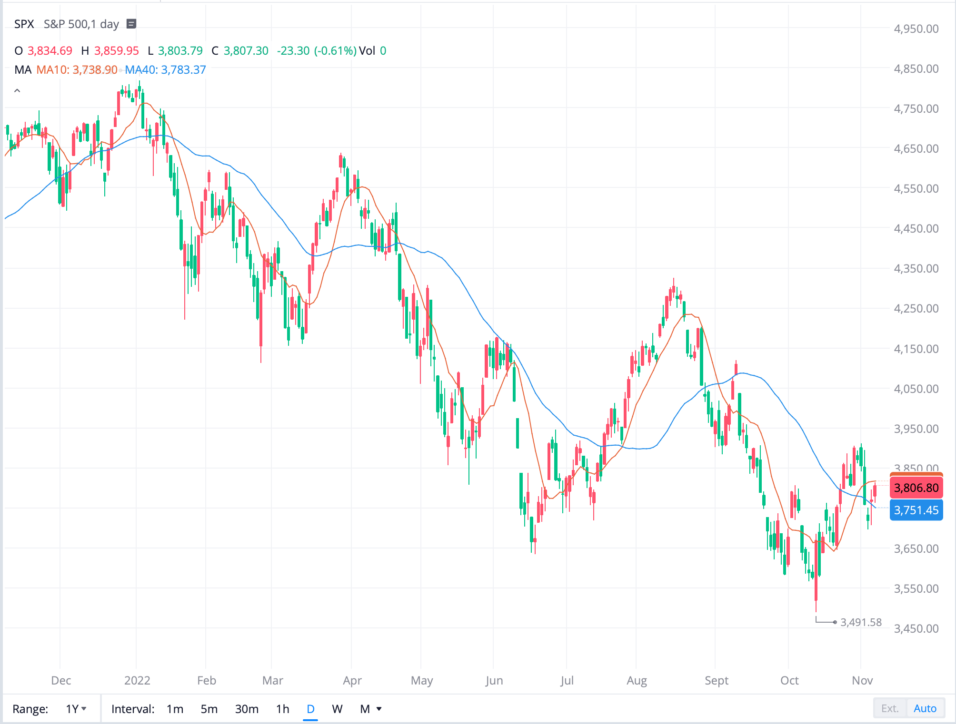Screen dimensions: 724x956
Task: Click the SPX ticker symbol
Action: coord(24,24)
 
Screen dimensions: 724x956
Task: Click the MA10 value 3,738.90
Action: coord(95,70)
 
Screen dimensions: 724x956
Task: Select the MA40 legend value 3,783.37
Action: coord(183,70)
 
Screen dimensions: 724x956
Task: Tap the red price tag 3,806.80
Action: coord(916,488)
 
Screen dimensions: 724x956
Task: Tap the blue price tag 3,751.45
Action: coord(916,510)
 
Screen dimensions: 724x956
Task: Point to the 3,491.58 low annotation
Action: coord(861,622)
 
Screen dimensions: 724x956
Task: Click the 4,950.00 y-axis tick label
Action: coord(916,29)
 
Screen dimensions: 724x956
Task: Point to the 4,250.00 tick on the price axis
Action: coord(916,309)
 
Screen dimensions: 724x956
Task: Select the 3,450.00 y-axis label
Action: coord(916,628)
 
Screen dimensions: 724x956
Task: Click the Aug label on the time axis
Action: coord(637,681)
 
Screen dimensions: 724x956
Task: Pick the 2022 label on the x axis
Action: coord(137,681)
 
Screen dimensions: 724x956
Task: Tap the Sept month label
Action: coord(716,681)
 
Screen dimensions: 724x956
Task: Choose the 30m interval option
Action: coord(247,709)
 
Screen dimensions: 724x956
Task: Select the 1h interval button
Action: coord(282,709)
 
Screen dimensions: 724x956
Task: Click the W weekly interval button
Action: coord(337,709)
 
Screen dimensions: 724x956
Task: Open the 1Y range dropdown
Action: coord(76,709)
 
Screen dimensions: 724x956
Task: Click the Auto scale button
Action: coord(925,709)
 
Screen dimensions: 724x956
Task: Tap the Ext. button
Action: coord(890,709)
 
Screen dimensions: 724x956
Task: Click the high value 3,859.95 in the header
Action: coord(116,51)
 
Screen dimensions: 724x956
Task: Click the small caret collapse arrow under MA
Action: coord(17,90)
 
